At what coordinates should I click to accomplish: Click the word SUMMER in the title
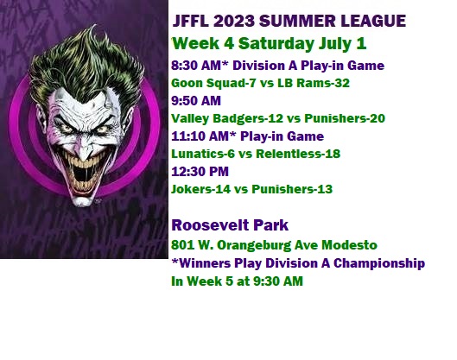point(297,21)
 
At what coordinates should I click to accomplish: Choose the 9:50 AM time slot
point(196,101)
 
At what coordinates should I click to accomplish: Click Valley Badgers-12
point(227,119)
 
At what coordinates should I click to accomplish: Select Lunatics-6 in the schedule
point(203,154)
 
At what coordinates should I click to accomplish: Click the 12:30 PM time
point(200,172)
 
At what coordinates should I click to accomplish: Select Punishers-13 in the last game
point(292,189)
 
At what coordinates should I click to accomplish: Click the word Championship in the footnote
point(379,263)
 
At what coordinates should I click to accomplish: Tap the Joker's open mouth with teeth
point(85,173)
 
